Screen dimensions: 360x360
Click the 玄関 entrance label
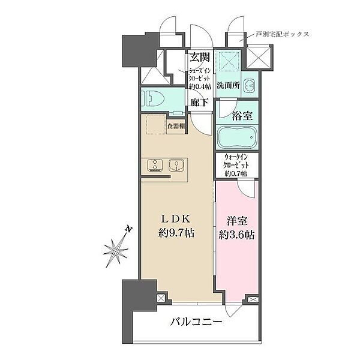click(x=200, y=58)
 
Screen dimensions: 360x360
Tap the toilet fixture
click(x=152, y=98)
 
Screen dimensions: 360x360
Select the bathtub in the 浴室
click(x=237, y=137)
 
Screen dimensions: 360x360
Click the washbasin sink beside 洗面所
click(x=250, y=86)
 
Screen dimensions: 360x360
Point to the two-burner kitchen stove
click(x=155, y=166)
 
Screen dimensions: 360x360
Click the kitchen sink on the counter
click(x=176, y=166)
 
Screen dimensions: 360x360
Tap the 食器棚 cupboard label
click(x=176, y=126)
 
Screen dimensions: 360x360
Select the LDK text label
click(x=176, y=219)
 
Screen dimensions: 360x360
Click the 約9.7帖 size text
click(x=176, y=233)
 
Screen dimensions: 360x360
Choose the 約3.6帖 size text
click(x=236, y=235)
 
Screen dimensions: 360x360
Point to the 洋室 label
click(x=237, y=221)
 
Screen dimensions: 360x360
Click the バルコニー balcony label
click(x=196, y=322)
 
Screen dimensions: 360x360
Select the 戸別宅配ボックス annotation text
click(x=282, y=34)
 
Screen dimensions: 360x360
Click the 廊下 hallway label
click(x=199, y=102)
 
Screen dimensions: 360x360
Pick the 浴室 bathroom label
click(x=242, y=116)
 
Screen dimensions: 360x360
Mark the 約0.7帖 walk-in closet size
click(x=236, y=173)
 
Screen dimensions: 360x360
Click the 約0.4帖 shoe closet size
click(x=200, y=86)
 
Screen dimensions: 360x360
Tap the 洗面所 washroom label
click(x=229, y=85)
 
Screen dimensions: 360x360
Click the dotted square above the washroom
click(x=230, y=61)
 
